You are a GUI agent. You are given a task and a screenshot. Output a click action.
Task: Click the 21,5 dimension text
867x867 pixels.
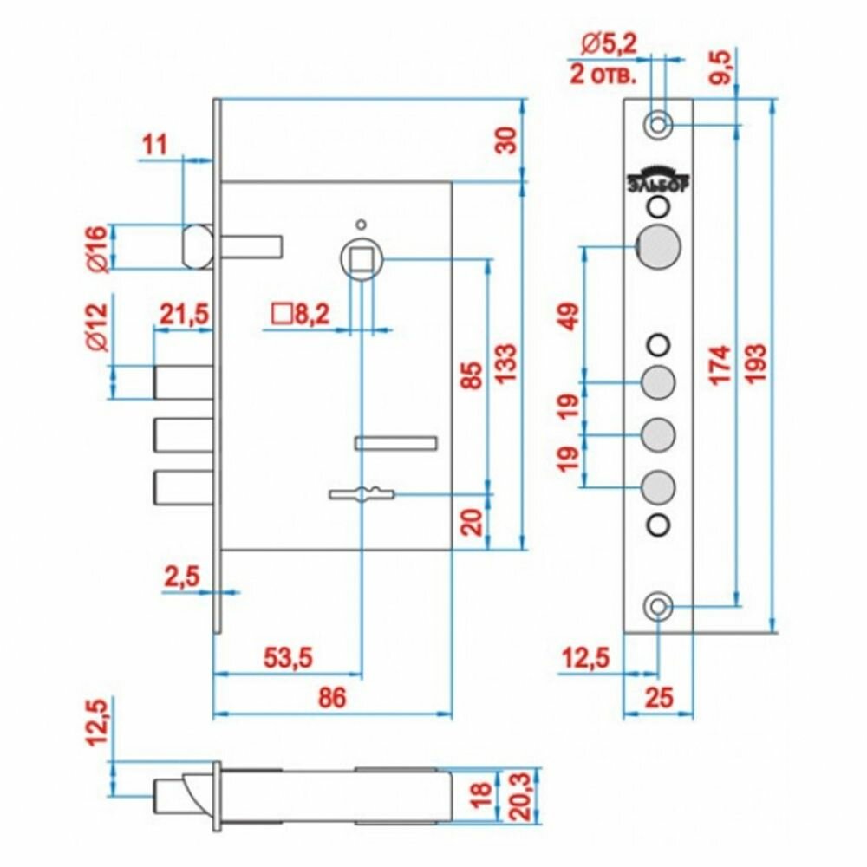click(x=182, y=314)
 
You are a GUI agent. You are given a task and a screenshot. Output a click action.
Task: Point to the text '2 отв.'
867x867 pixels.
click(x=603, y=72)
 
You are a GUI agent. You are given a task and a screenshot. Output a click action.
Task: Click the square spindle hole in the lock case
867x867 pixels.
click(x=360, y=259)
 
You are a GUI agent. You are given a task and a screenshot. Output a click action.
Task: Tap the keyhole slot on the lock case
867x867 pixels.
click(x=362, y=495)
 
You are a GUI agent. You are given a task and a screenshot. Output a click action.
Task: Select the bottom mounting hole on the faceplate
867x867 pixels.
click(x=660, y=604)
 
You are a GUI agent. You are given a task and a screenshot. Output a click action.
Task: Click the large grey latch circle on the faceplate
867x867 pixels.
click(x=658, y=247)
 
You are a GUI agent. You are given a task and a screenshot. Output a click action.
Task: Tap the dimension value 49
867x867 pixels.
click(x=569, y=316)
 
